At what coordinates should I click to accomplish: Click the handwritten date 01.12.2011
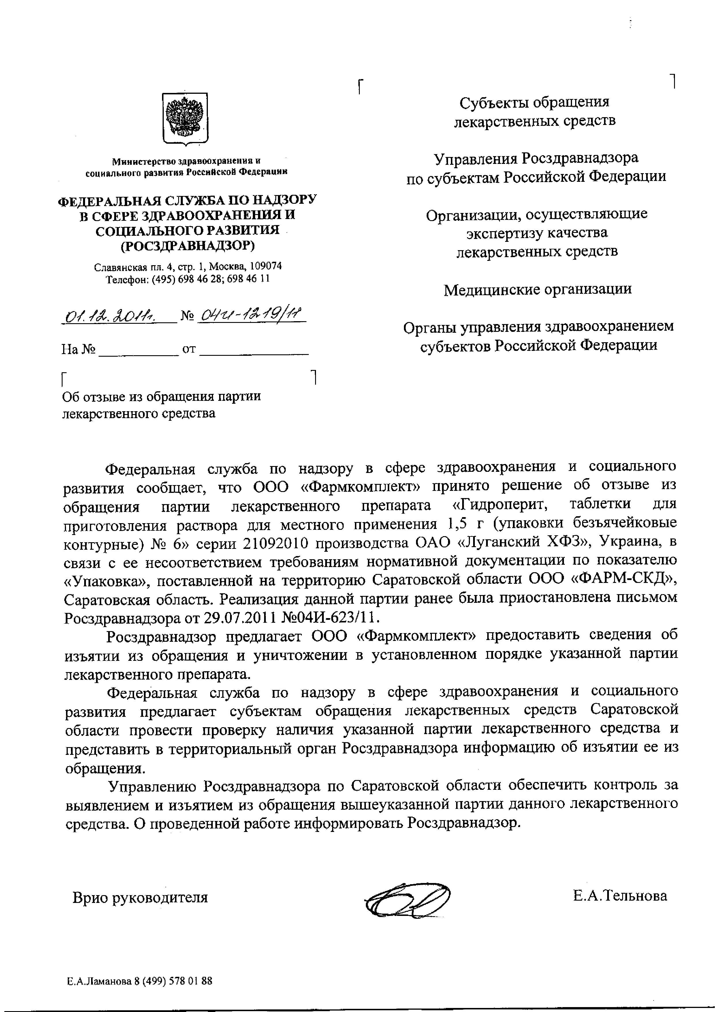point(118,316)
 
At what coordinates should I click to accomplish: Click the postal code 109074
point(266,267)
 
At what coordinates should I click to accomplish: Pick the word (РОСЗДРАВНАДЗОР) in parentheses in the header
point(188,245)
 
